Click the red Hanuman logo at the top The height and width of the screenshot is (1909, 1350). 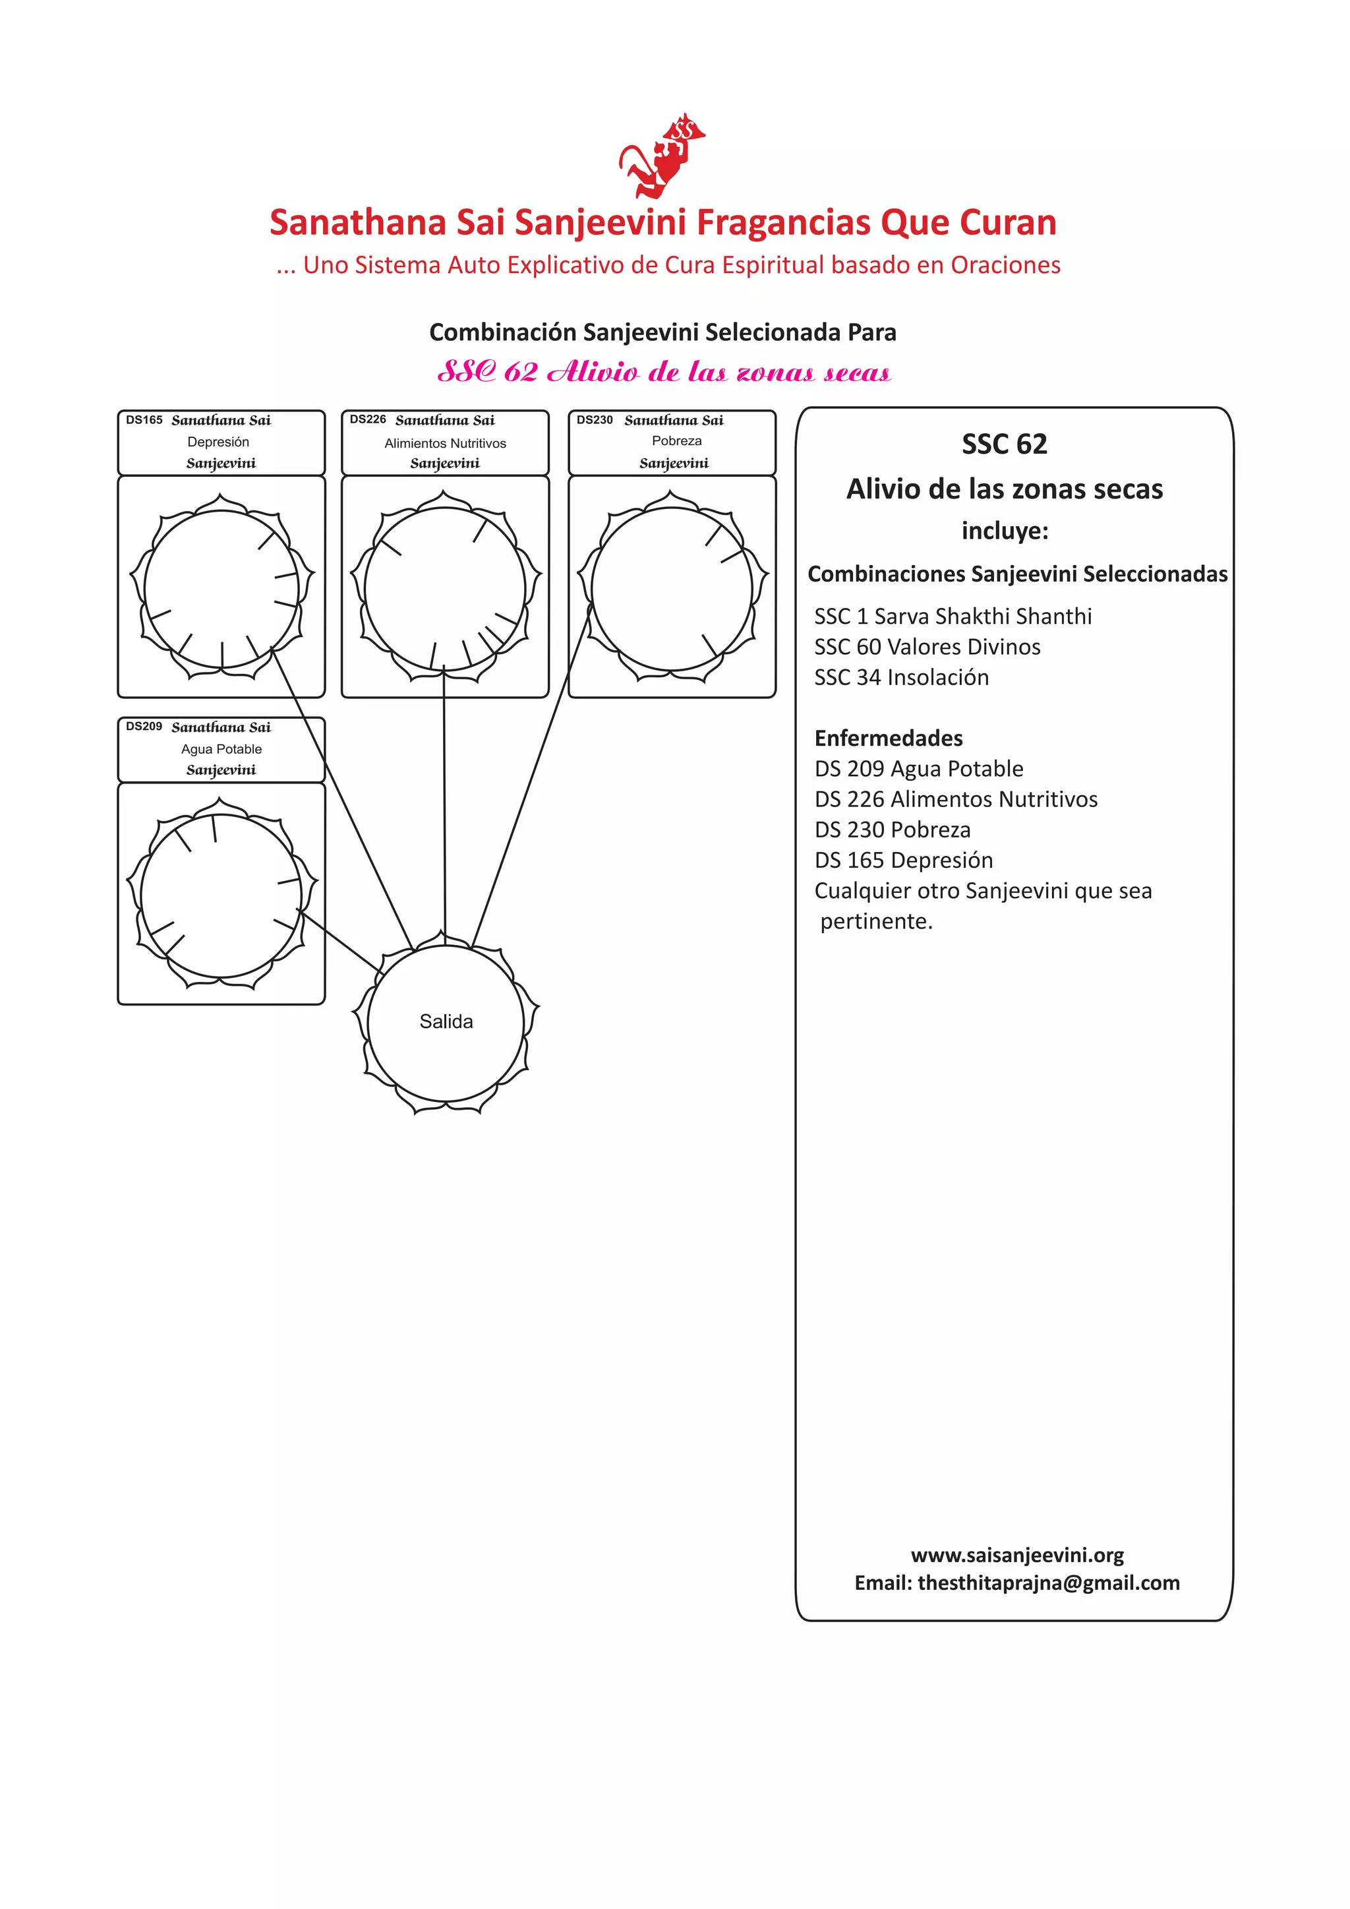click(x=662, y=156)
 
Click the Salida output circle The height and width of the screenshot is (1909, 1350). click(x=446, y=1022)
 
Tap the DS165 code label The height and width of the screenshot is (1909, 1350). click(x=144, y=420)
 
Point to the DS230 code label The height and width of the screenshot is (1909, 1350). click(x=595, y=420)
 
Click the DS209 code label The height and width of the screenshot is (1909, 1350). click(x=144, y=726)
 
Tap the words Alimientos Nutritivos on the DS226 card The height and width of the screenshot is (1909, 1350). click(x=445, y=443)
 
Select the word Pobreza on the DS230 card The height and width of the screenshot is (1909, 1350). click(x=677, y=440)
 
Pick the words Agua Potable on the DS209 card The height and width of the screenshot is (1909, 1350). click(x=221, y=748)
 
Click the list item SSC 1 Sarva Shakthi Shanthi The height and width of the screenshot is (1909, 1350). click(x=953, y=616)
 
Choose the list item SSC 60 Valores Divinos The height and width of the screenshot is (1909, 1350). click(x=927, y=647)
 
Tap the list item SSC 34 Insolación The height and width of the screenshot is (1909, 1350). click(x=901, y=678)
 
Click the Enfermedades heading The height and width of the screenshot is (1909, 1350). click(x=889, y=739)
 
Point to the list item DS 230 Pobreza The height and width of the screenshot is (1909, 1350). click(x=892, y=830)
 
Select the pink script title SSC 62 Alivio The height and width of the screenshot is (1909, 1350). click(x=663, y=372)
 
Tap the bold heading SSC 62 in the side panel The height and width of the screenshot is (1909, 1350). click(x=1004, y=444)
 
